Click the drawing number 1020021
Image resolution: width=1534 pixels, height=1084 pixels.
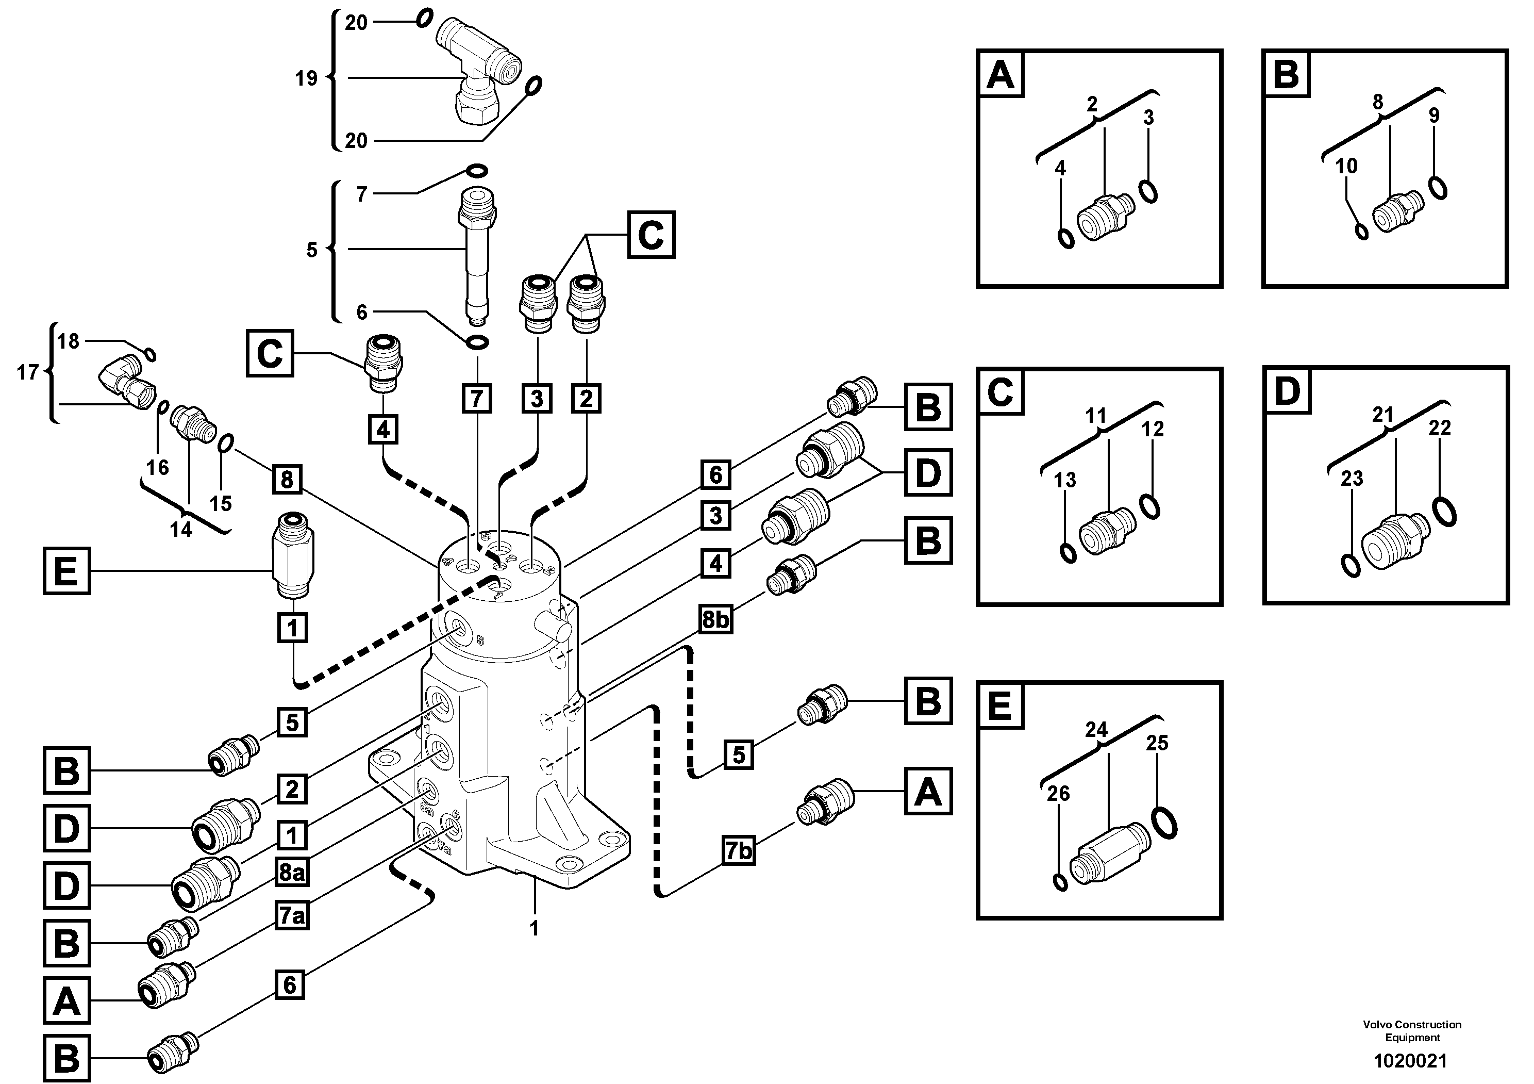pyautogui.click(x=1410, y=1061)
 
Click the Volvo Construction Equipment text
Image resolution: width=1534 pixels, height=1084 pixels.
pyautogui.click(x=1412, y=1030)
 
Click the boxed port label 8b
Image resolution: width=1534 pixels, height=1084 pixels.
pyautogui.click(x=715, y=619)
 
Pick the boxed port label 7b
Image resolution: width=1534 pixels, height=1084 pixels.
pyautogui.click(x=738, y=851)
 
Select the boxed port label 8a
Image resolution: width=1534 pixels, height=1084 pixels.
pyautogui.click(x=292, y=873)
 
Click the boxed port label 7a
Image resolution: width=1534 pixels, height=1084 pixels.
pyautogui.click(x=292, y=915)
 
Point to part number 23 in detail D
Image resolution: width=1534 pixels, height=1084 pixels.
pyautogui.click(x=1352, y=479)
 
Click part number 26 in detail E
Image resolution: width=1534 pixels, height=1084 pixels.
pyautogui.click(x=1058, y=793)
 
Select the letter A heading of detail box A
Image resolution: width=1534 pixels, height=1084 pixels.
pyautogui.click(x=1000, y=74)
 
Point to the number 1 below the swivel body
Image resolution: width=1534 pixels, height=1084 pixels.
pyautogui.click(x=534, y=929)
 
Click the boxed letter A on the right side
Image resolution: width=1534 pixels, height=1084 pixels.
pyautogui.click(x=927, y=791)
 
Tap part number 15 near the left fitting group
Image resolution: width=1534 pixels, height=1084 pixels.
pyautogui.click(x=221, y=503)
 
